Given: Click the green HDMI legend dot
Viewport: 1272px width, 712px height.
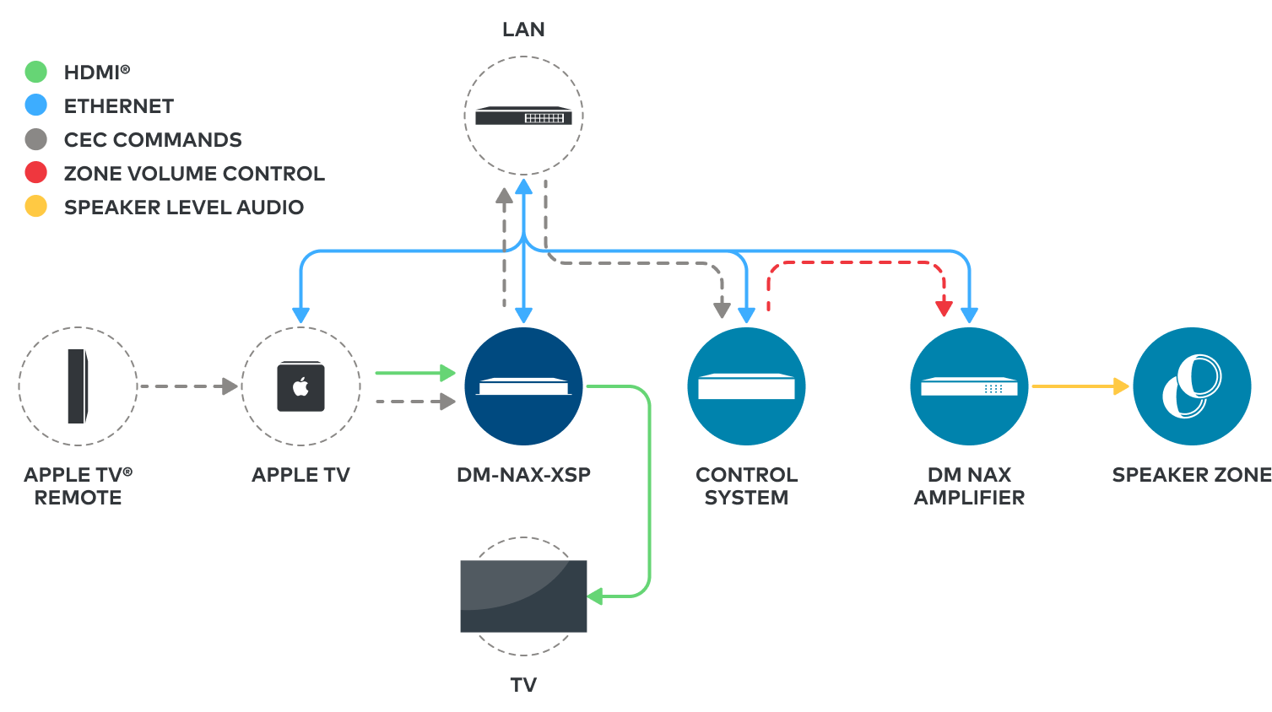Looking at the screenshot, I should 35,72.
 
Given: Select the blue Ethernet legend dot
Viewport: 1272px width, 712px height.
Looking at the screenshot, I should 35,105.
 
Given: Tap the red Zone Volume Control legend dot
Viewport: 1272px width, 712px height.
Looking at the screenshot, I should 35,173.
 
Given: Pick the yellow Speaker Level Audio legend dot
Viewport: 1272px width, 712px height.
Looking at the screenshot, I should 35,207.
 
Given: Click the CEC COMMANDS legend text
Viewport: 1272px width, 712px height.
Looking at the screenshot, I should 153,140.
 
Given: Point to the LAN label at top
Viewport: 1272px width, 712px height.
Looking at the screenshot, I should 523,30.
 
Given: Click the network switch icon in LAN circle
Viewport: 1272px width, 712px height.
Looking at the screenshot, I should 523,116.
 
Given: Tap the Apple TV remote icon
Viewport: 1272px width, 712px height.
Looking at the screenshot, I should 78,386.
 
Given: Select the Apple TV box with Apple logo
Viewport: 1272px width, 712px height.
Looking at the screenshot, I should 300,386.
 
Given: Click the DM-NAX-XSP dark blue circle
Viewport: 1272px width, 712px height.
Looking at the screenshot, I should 523,386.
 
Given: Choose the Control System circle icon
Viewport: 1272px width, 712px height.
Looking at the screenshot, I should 746,386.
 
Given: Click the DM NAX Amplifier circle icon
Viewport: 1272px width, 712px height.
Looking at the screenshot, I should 969,386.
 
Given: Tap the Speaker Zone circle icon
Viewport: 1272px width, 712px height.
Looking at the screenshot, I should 1192,386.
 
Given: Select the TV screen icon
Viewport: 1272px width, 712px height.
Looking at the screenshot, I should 523,596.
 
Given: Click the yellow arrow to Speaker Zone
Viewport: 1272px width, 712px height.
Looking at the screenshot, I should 1080,386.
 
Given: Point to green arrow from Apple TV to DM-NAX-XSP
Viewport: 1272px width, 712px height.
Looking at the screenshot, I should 414,373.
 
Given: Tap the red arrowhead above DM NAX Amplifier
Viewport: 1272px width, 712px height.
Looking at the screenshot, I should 945,309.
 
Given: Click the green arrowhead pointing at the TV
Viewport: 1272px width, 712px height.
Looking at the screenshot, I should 595,596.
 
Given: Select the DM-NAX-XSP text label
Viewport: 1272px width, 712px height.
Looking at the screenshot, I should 523,475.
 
